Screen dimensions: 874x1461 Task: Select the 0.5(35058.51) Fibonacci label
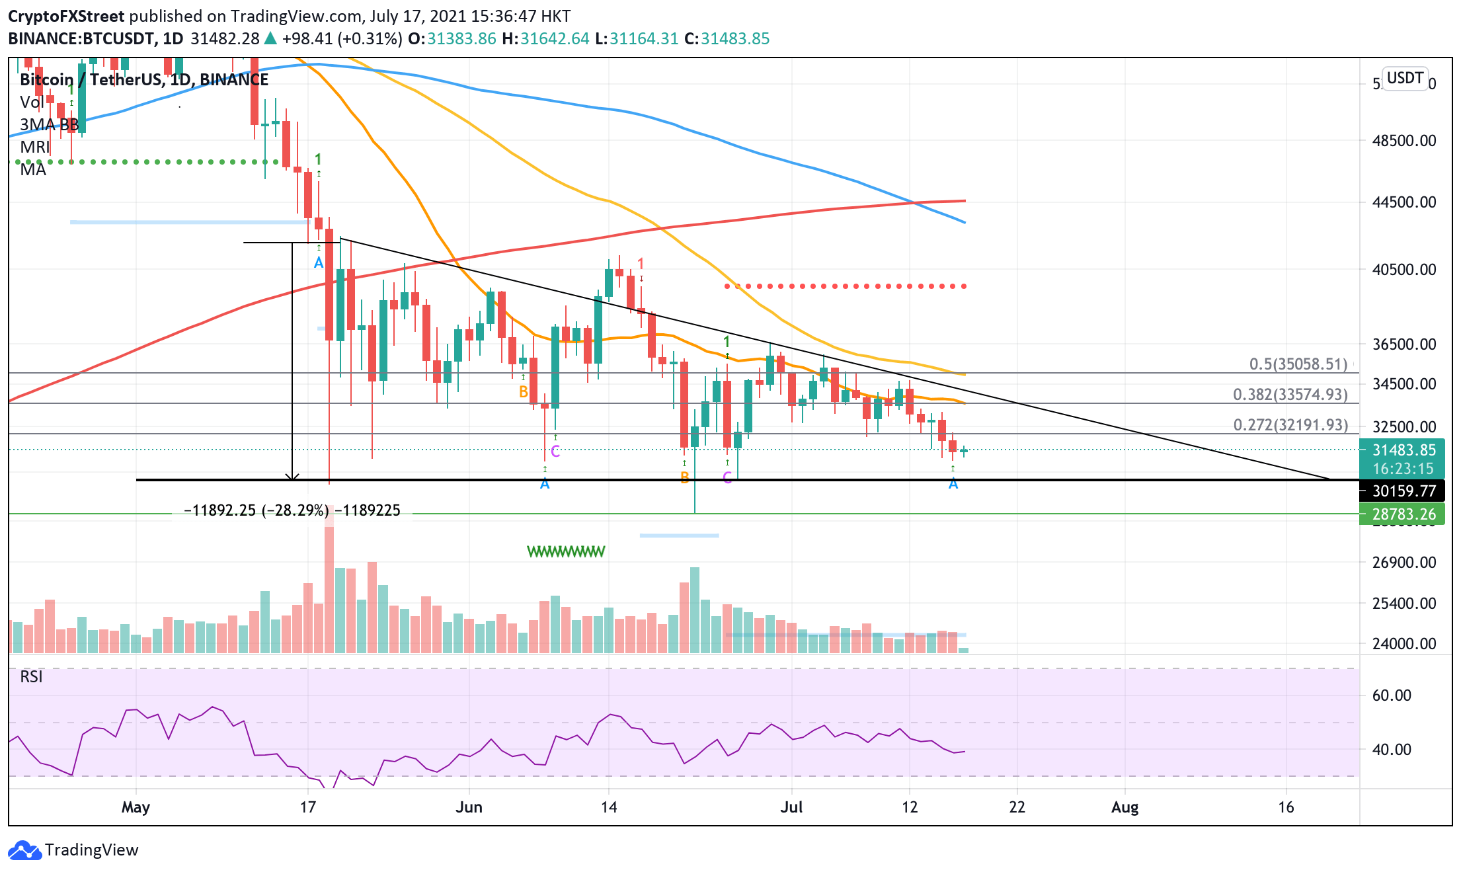[1298, 364]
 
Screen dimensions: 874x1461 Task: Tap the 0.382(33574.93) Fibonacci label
[1290, 395]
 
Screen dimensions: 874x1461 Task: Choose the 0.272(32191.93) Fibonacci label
[1290, 425]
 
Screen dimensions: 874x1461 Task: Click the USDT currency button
[1404, 79]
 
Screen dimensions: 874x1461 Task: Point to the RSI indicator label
[31, 676]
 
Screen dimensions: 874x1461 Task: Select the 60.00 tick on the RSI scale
[1391, 695]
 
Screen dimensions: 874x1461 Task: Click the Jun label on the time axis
[469, 807]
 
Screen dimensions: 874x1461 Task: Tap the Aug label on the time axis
[1125, 807]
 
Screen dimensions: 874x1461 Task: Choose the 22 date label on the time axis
[1017, 807]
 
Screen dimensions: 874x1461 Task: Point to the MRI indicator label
[34, 147]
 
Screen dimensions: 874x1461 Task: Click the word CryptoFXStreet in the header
[66, 17]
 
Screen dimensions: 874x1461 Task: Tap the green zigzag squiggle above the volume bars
[566, 551]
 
